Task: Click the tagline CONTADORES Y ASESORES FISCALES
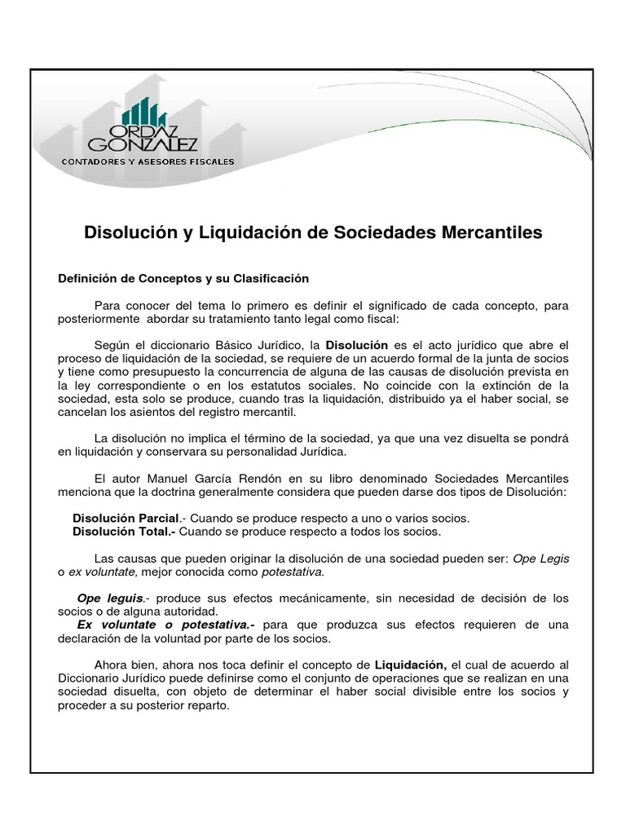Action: point(148,161)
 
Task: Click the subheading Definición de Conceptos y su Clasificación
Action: point(183,278)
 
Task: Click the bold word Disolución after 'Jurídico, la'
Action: point(357,346)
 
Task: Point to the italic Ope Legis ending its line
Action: point(540,558)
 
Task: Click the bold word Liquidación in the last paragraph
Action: point(410,665)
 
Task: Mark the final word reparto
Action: point(208,705)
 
